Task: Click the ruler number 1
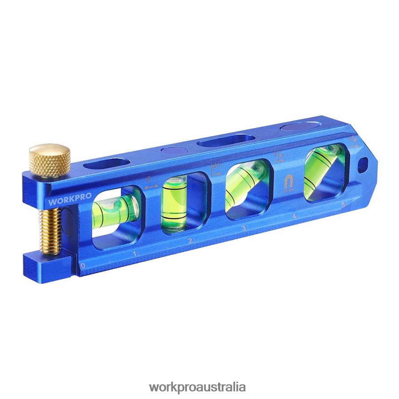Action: coord(135,254)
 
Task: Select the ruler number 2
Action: coord(190,241)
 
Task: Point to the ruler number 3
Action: coord(243,228)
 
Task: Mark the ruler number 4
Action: coord(294,216)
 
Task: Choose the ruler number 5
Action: coord(343,205)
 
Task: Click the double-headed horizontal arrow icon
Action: coord(151,187)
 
